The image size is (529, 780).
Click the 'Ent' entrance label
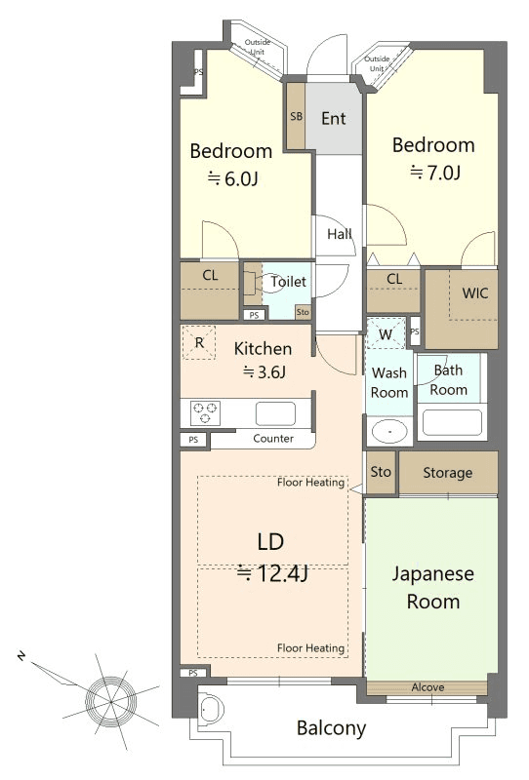coord(333,118)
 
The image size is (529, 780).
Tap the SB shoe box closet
coord(296,116)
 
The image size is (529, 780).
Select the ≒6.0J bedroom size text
coord(232,178)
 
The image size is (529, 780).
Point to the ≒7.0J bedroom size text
coord(435,173)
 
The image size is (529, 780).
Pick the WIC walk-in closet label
coord(474,293)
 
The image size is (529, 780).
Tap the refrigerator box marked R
coord(199,342)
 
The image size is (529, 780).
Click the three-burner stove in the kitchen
coord(205,412)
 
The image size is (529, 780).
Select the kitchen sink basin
coord(275,413)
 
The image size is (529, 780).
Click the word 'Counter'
coord(273,438)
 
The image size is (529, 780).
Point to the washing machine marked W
coord(386,333)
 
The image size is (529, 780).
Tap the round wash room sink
coord(389,431)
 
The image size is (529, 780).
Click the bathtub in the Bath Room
coord(452,422)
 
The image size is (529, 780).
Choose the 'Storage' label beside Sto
coord(447,473)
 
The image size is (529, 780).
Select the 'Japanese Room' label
coord(433,588)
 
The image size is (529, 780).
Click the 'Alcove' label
coord(427,687)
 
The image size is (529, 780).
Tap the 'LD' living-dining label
coord(270,542)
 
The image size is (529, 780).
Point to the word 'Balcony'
coord(331,728)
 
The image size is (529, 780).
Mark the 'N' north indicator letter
coord(20,656)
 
